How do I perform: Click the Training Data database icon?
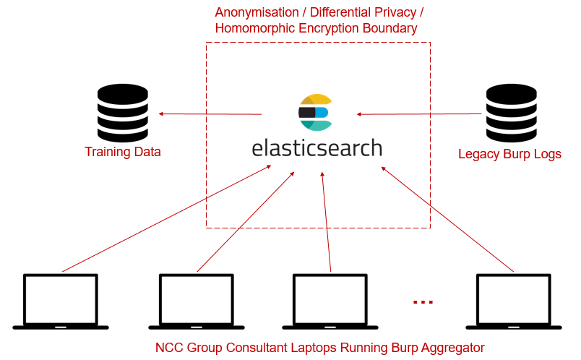[122, 113]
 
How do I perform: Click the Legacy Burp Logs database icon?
[511, 113]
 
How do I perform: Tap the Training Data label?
[122, 152]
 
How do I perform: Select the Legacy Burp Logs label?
[509, 154]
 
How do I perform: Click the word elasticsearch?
[317, 147]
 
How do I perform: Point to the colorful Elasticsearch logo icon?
[315, 112]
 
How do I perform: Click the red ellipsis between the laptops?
[423, 301]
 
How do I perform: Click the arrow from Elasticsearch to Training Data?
[210, 113]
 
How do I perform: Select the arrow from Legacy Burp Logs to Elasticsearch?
[419, 113]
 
